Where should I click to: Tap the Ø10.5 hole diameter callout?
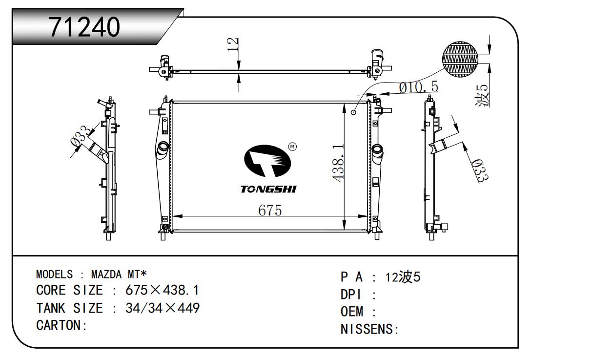pyautogui.click(x=418, y=87)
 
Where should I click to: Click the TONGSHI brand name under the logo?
pyautogui.click(x=268, y=189)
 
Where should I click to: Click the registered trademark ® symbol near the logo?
pyautogui.click(x=292, y=147)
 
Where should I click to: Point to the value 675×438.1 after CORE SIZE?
pyautogui.click(x=162, y=290)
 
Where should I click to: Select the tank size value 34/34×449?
pyautogui.click(x=163, y=308)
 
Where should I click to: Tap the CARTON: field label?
pyautogui.click(x=61, y=325)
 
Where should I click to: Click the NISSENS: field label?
pyautogui.click(x=369, y=329)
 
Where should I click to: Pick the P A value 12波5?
pyautogui.click(x=403, y=277)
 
